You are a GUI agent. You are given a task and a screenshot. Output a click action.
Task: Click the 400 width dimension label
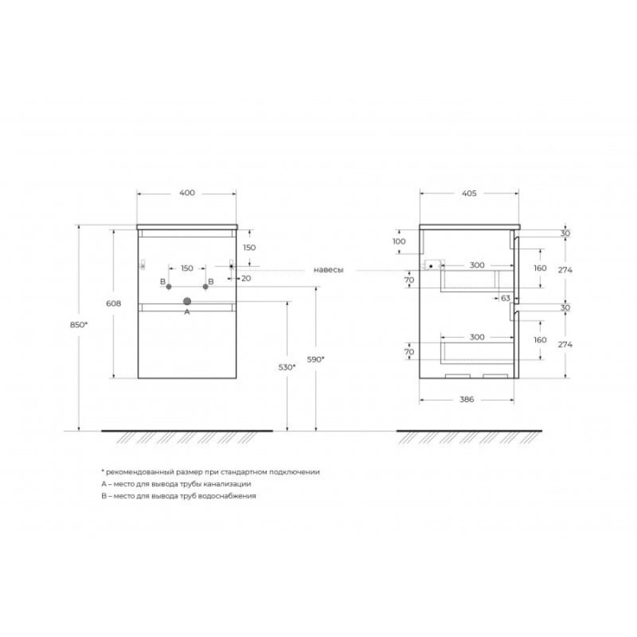(187, 193)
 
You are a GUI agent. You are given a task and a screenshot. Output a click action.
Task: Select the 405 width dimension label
(469, 193)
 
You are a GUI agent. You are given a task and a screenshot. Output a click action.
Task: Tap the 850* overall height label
(79, 325)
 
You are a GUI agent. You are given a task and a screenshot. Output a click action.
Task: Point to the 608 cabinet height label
(113, 304)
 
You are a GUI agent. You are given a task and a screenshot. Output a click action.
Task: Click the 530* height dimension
(287, 367)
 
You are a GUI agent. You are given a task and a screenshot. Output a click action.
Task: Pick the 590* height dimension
(316, 359)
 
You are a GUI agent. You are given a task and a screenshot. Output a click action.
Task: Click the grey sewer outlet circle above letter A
(187, 301)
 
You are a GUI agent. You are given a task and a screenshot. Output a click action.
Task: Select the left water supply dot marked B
(169, 287)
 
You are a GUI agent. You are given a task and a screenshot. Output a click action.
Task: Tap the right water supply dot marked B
(205, 287)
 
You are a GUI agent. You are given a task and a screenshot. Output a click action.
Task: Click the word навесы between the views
(328, 270)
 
